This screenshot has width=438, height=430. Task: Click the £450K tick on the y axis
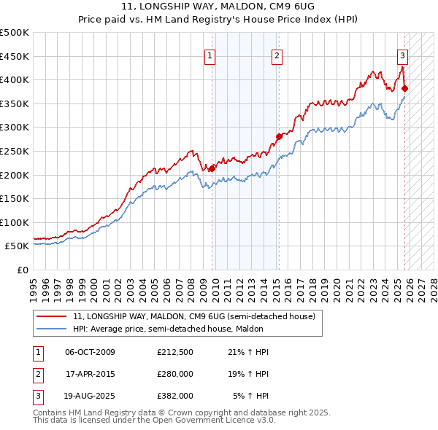(15, 56)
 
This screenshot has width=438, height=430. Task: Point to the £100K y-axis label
(15, 222)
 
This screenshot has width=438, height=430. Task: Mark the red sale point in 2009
(212, 168)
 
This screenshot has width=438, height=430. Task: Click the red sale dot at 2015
(279, 136)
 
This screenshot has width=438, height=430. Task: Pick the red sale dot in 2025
(405, 88)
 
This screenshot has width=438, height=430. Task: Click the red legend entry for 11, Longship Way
(193, 316)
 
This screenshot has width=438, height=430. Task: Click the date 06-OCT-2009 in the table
(90, 352)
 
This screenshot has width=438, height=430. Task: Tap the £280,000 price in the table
(174, 374)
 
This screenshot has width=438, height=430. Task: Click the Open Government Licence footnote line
(154, 420)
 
